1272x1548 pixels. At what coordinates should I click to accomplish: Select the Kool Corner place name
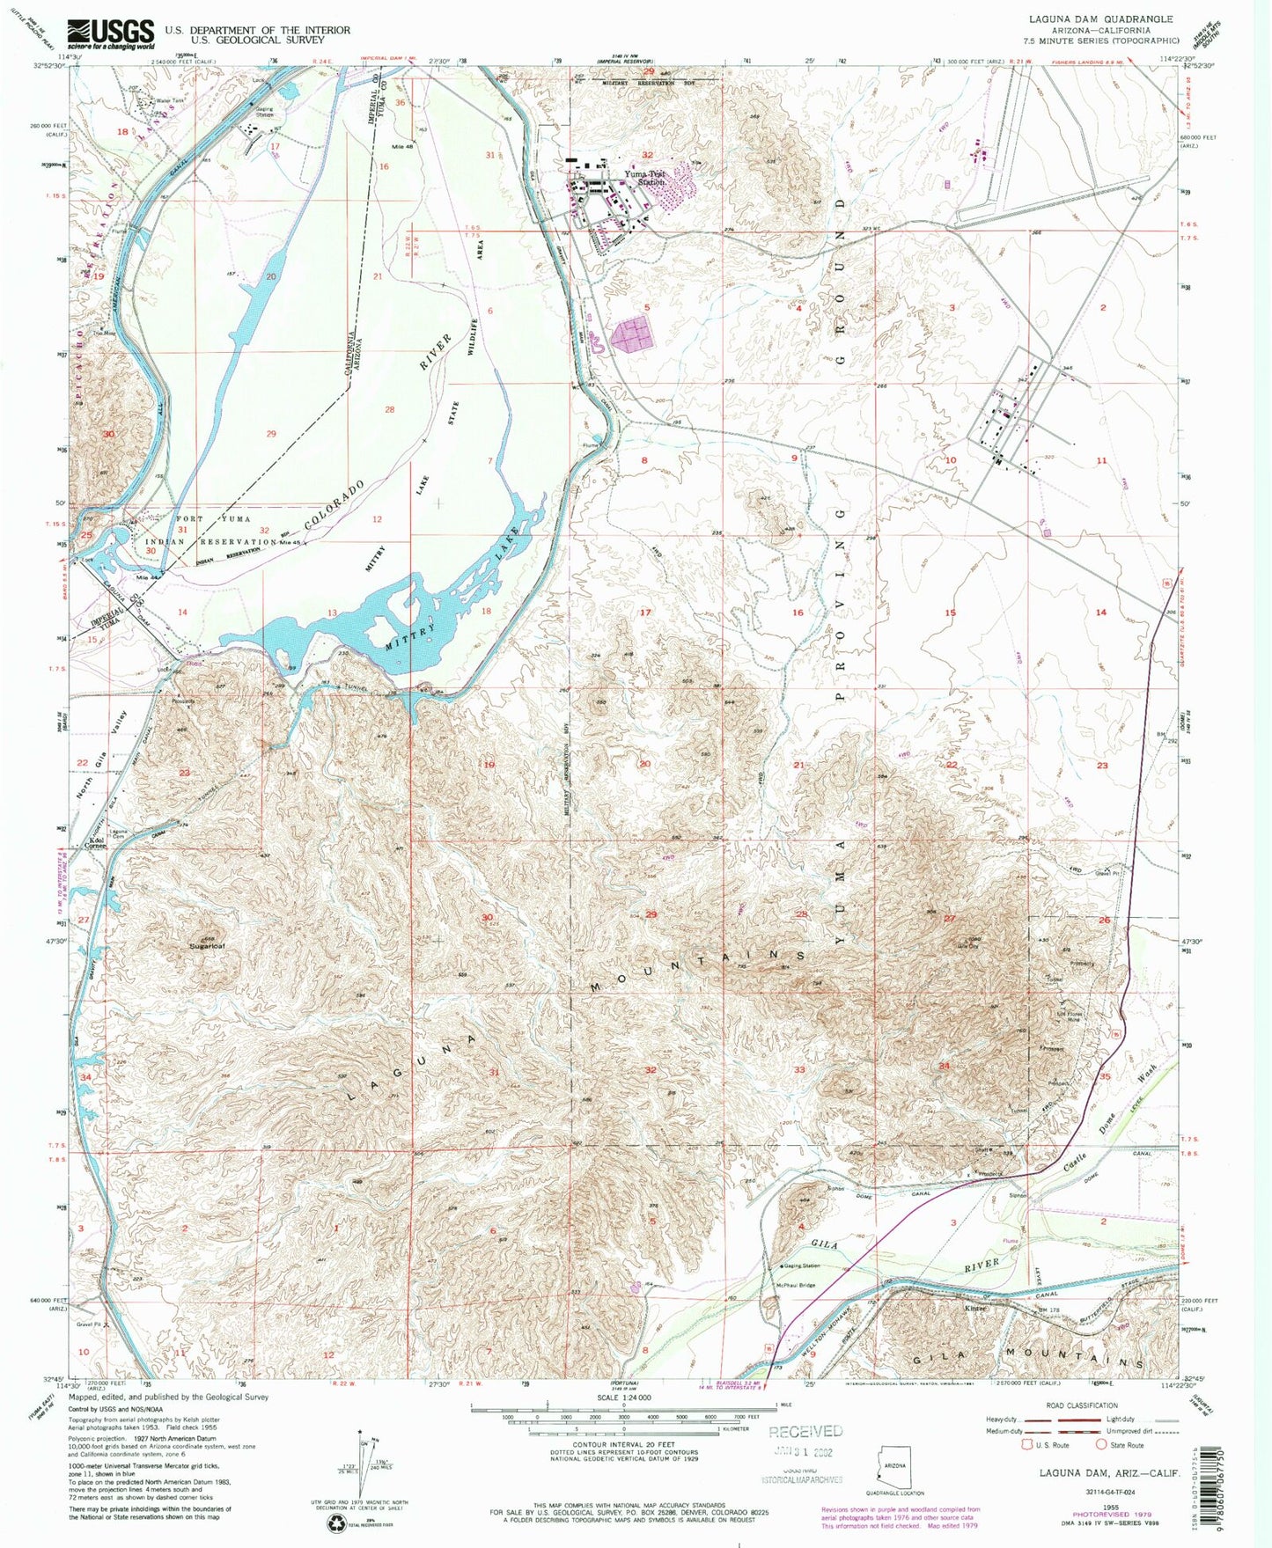coord(97,842)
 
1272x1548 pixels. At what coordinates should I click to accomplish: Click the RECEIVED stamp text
coord(805,1431)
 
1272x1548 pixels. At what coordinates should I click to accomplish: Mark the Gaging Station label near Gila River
coord(800,1266)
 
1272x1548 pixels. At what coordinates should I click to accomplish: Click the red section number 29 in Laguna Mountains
coord(651,915)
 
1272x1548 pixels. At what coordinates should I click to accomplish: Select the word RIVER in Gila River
coord(982,1265)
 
